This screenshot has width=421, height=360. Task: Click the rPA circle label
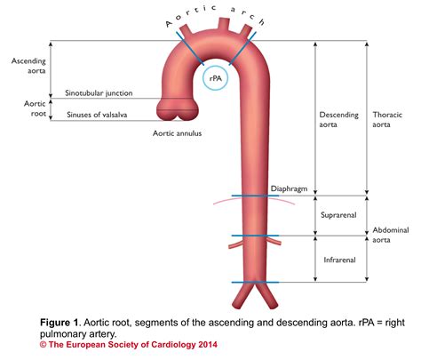[x=215, y=79]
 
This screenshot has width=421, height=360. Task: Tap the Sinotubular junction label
[x=99, y=92]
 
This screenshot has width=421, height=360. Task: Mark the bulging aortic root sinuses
[x=176, y=109]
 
